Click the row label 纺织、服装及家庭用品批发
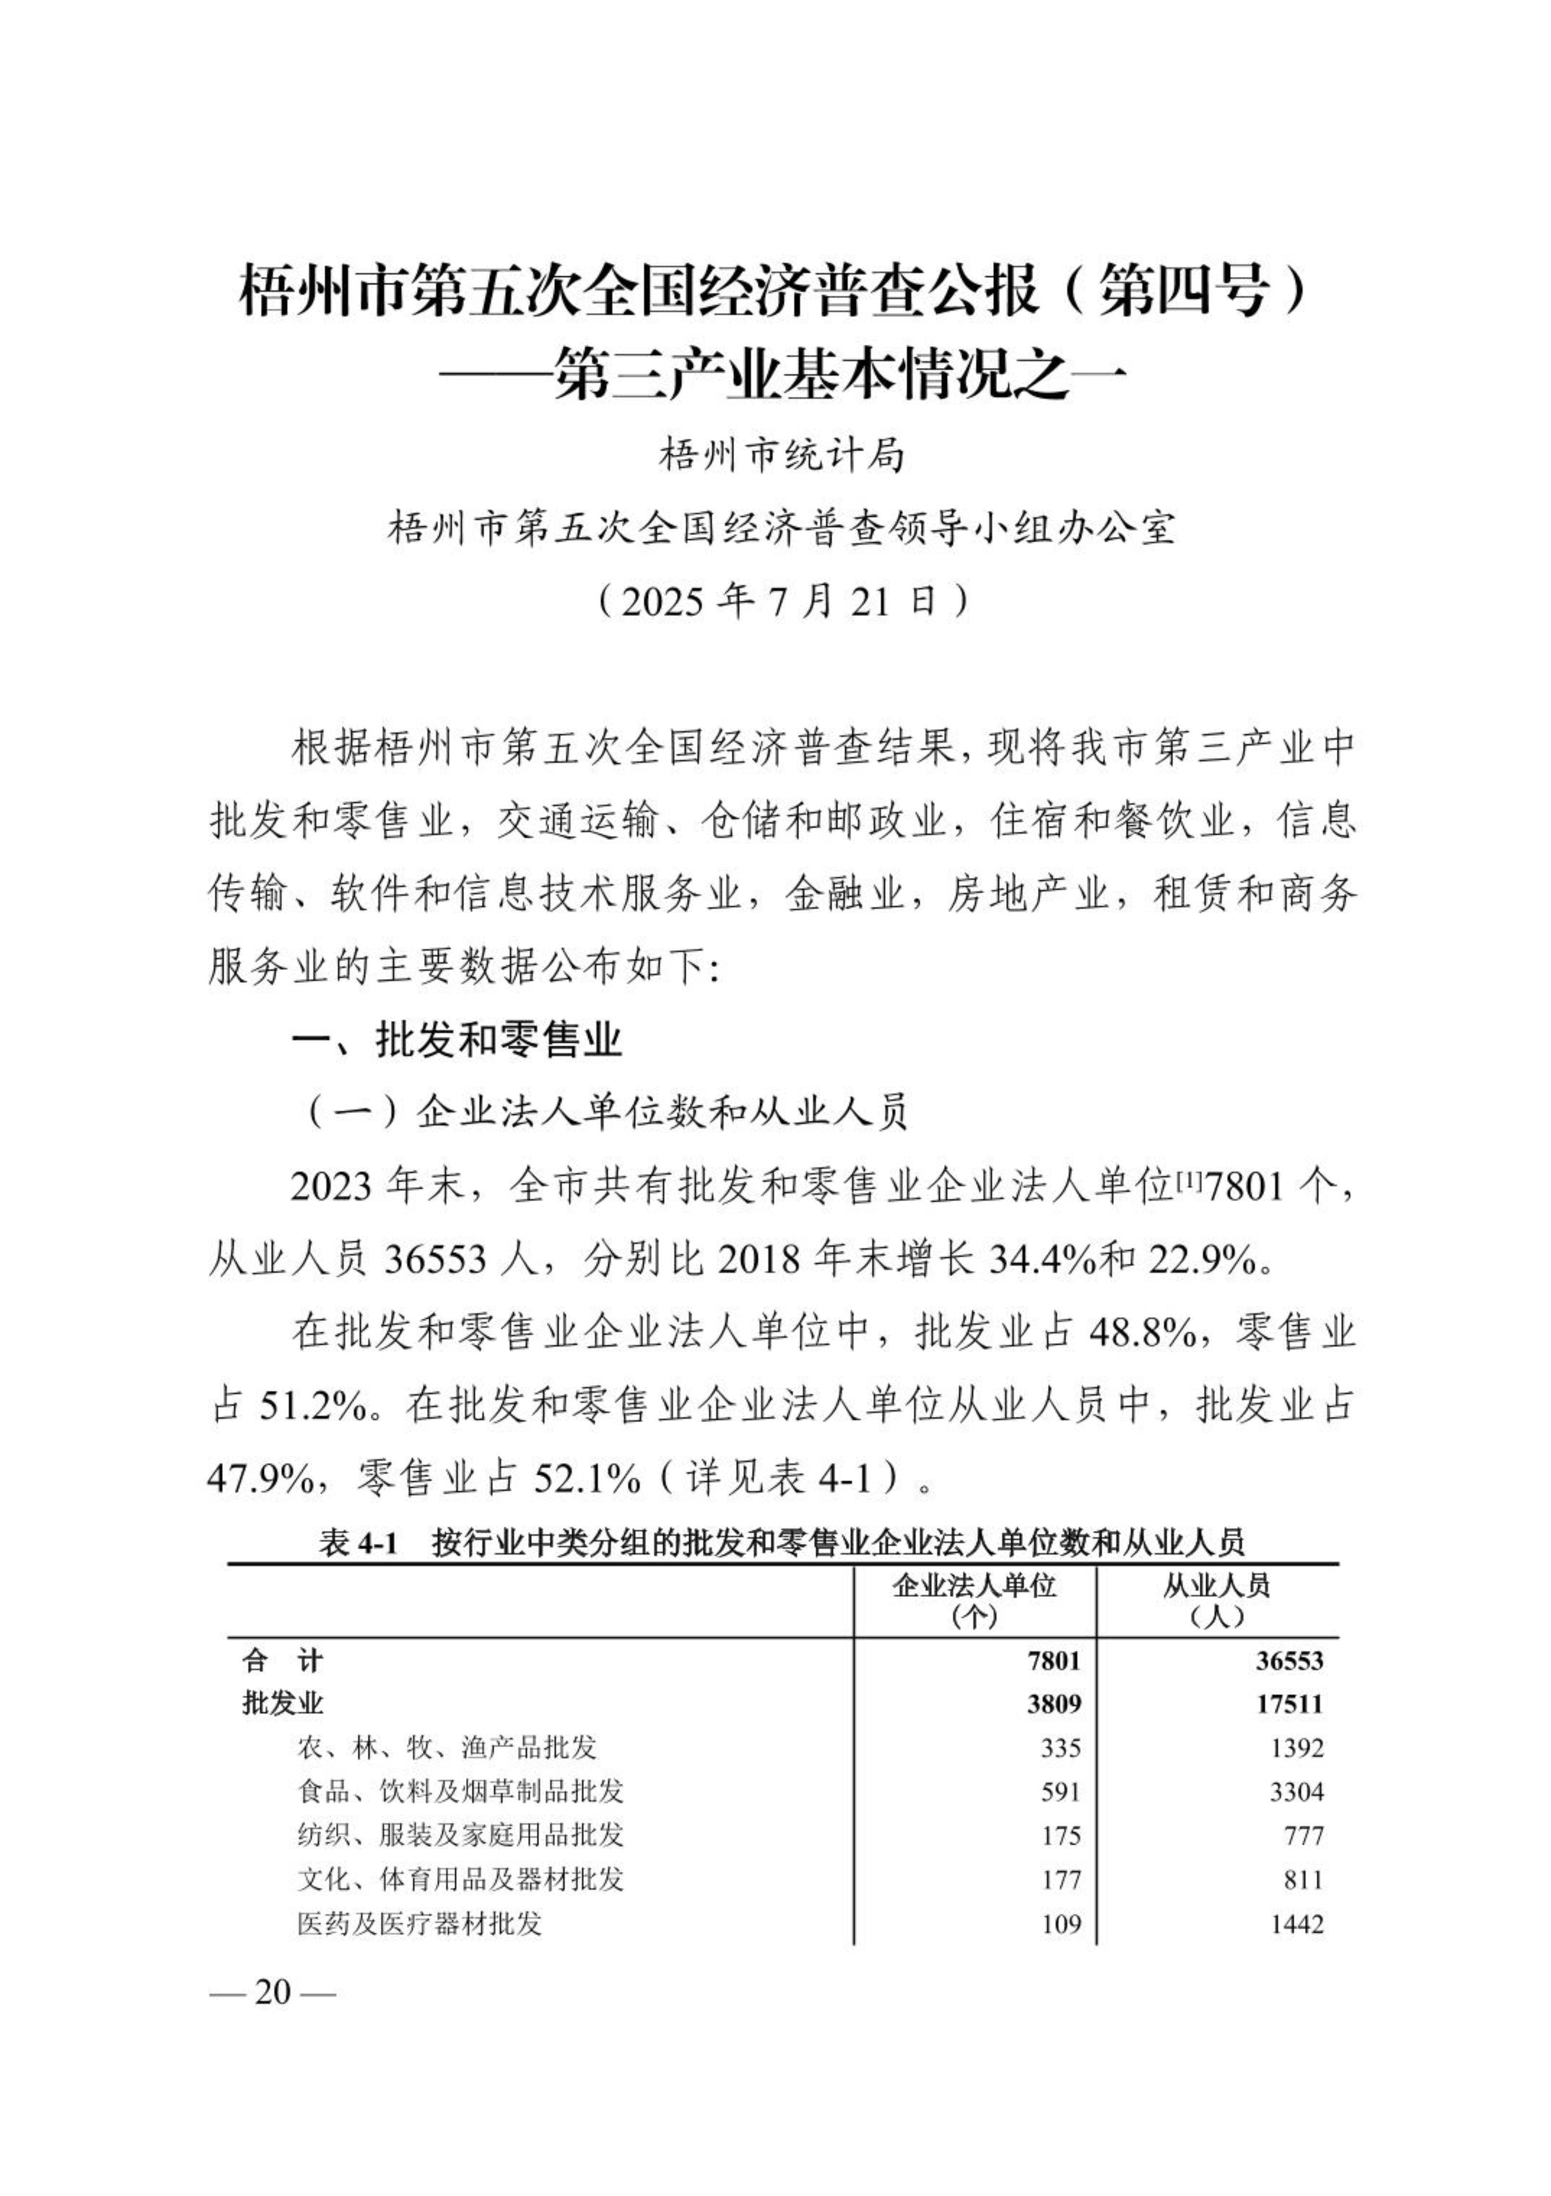click(460, 1834)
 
